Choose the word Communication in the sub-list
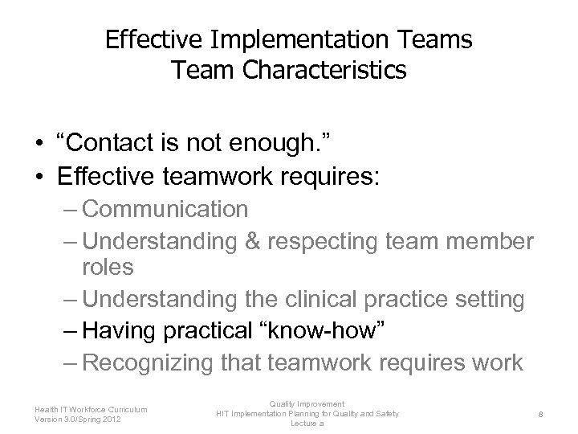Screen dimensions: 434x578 click(x=165, y=209)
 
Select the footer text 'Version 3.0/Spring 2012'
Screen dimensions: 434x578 click(x=79, y=418)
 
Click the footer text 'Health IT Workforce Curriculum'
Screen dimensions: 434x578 click(x=91, y=408)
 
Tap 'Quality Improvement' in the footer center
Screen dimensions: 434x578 click(x=307, y=403)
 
